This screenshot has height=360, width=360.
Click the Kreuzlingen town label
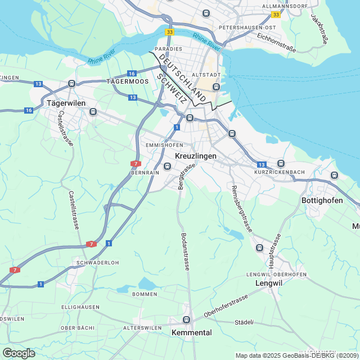[x=196, y=155]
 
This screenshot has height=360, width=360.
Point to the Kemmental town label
[x=191, y=332]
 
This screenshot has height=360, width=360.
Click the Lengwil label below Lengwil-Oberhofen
[x=268, y=283]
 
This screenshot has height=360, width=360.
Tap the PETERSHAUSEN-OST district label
[x=247, y=27]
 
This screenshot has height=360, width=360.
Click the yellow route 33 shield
[x=276, y=14]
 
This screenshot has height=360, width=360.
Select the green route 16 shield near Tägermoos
[x=132, y=74]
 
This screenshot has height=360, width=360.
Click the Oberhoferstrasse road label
[x=226, y=305]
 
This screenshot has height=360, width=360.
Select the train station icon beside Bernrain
[x=167, y=166]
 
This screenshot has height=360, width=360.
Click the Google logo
[x=19, y=353]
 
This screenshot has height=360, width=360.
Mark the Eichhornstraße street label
[x=276, y=42]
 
